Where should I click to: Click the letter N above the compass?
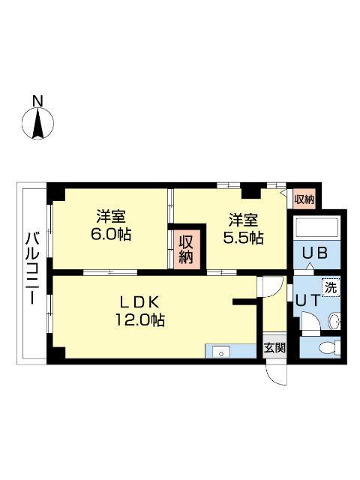37,101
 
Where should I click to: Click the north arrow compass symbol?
37,123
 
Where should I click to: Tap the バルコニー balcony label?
31,268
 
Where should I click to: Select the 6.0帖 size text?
110,235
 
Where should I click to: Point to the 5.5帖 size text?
243,238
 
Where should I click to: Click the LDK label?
139,302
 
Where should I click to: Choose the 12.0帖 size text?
140,320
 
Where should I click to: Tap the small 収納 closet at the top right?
304,199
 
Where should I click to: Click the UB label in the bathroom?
315,253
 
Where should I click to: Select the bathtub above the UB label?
316,228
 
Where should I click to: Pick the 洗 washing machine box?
331,287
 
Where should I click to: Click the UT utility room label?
308,300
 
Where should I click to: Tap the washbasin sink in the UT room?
334,321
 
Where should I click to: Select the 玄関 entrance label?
275,347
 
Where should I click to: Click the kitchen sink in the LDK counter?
221,352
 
